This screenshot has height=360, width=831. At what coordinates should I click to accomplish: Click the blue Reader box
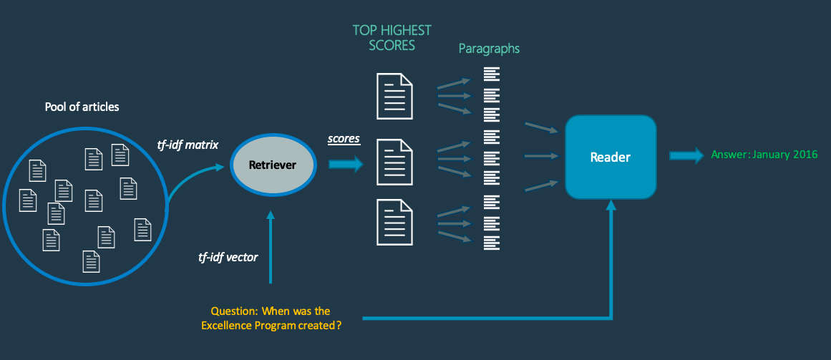[x=611, y=157]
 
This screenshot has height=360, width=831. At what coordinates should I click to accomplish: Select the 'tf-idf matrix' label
[x=188, y=145]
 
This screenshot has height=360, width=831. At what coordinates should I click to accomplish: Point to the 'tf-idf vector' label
[x=228, y=257]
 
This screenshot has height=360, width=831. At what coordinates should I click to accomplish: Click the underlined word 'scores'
[x=344, y=139]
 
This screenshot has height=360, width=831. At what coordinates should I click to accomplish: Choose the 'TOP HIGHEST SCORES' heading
[x=392, y=38]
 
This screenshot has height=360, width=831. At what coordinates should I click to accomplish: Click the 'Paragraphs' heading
[x=489, y=49]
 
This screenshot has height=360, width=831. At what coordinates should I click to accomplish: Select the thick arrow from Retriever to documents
[x=346, y=165]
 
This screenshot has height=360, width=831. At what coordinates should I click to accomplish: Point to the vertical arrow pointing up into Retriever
[x=270, y=243]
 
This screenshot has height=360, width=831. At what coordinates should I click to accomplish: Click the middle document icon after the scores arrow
[x=394, y=162]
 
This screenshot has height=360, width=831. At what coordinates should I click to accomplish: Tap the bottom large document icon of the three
[x=394, y=221]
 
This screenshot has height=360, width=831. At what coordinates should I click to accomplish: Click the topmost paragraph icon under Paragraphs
[x=491, y=74]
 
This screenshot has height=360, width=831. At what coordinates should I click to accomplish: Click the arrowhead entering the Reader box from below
[x=611, y=205]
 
